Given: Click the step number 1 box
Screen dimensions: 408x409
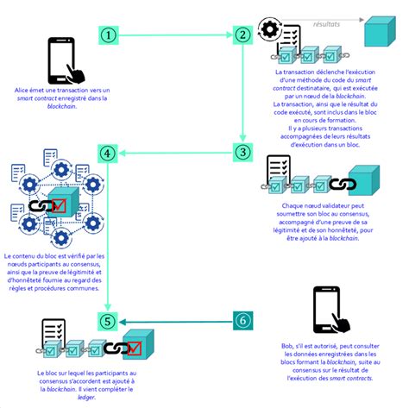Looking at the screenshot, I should coord(108,35).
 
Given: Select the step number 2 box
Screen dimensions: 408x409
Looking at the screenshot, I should coord(242,35).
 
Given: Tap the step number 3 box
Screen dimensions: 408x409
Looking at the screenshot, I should coord(242,153).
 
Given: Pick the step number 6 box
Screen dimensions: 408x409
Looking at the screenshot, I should coord(242,321).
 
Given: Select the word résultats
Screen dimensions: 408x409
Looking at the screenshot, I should coord(326,24).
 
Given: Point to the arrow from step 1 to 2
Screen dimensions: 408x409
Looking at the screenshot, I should coord(173,35).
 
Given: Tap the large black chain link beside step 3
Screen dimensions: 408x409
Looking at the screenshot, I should coord(342,184).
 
